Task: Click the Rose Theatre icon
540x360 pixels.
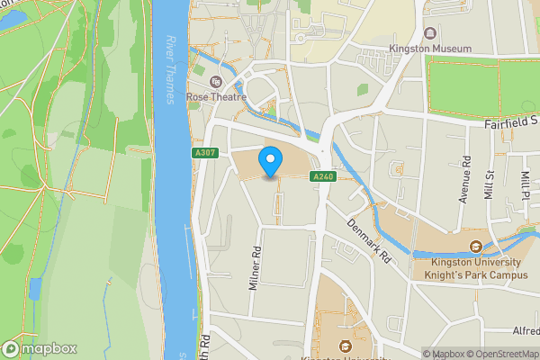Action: [x=215, y=81]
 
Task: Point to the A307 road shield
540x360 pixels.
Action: [x=204, y=154]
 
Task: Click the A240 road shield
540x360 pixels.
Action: [x=324, y=176]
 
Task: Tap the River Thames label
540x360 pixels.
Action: [x=172, y=70]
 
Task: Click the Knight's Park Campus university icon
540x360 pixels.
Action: [x=477, y=247]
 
